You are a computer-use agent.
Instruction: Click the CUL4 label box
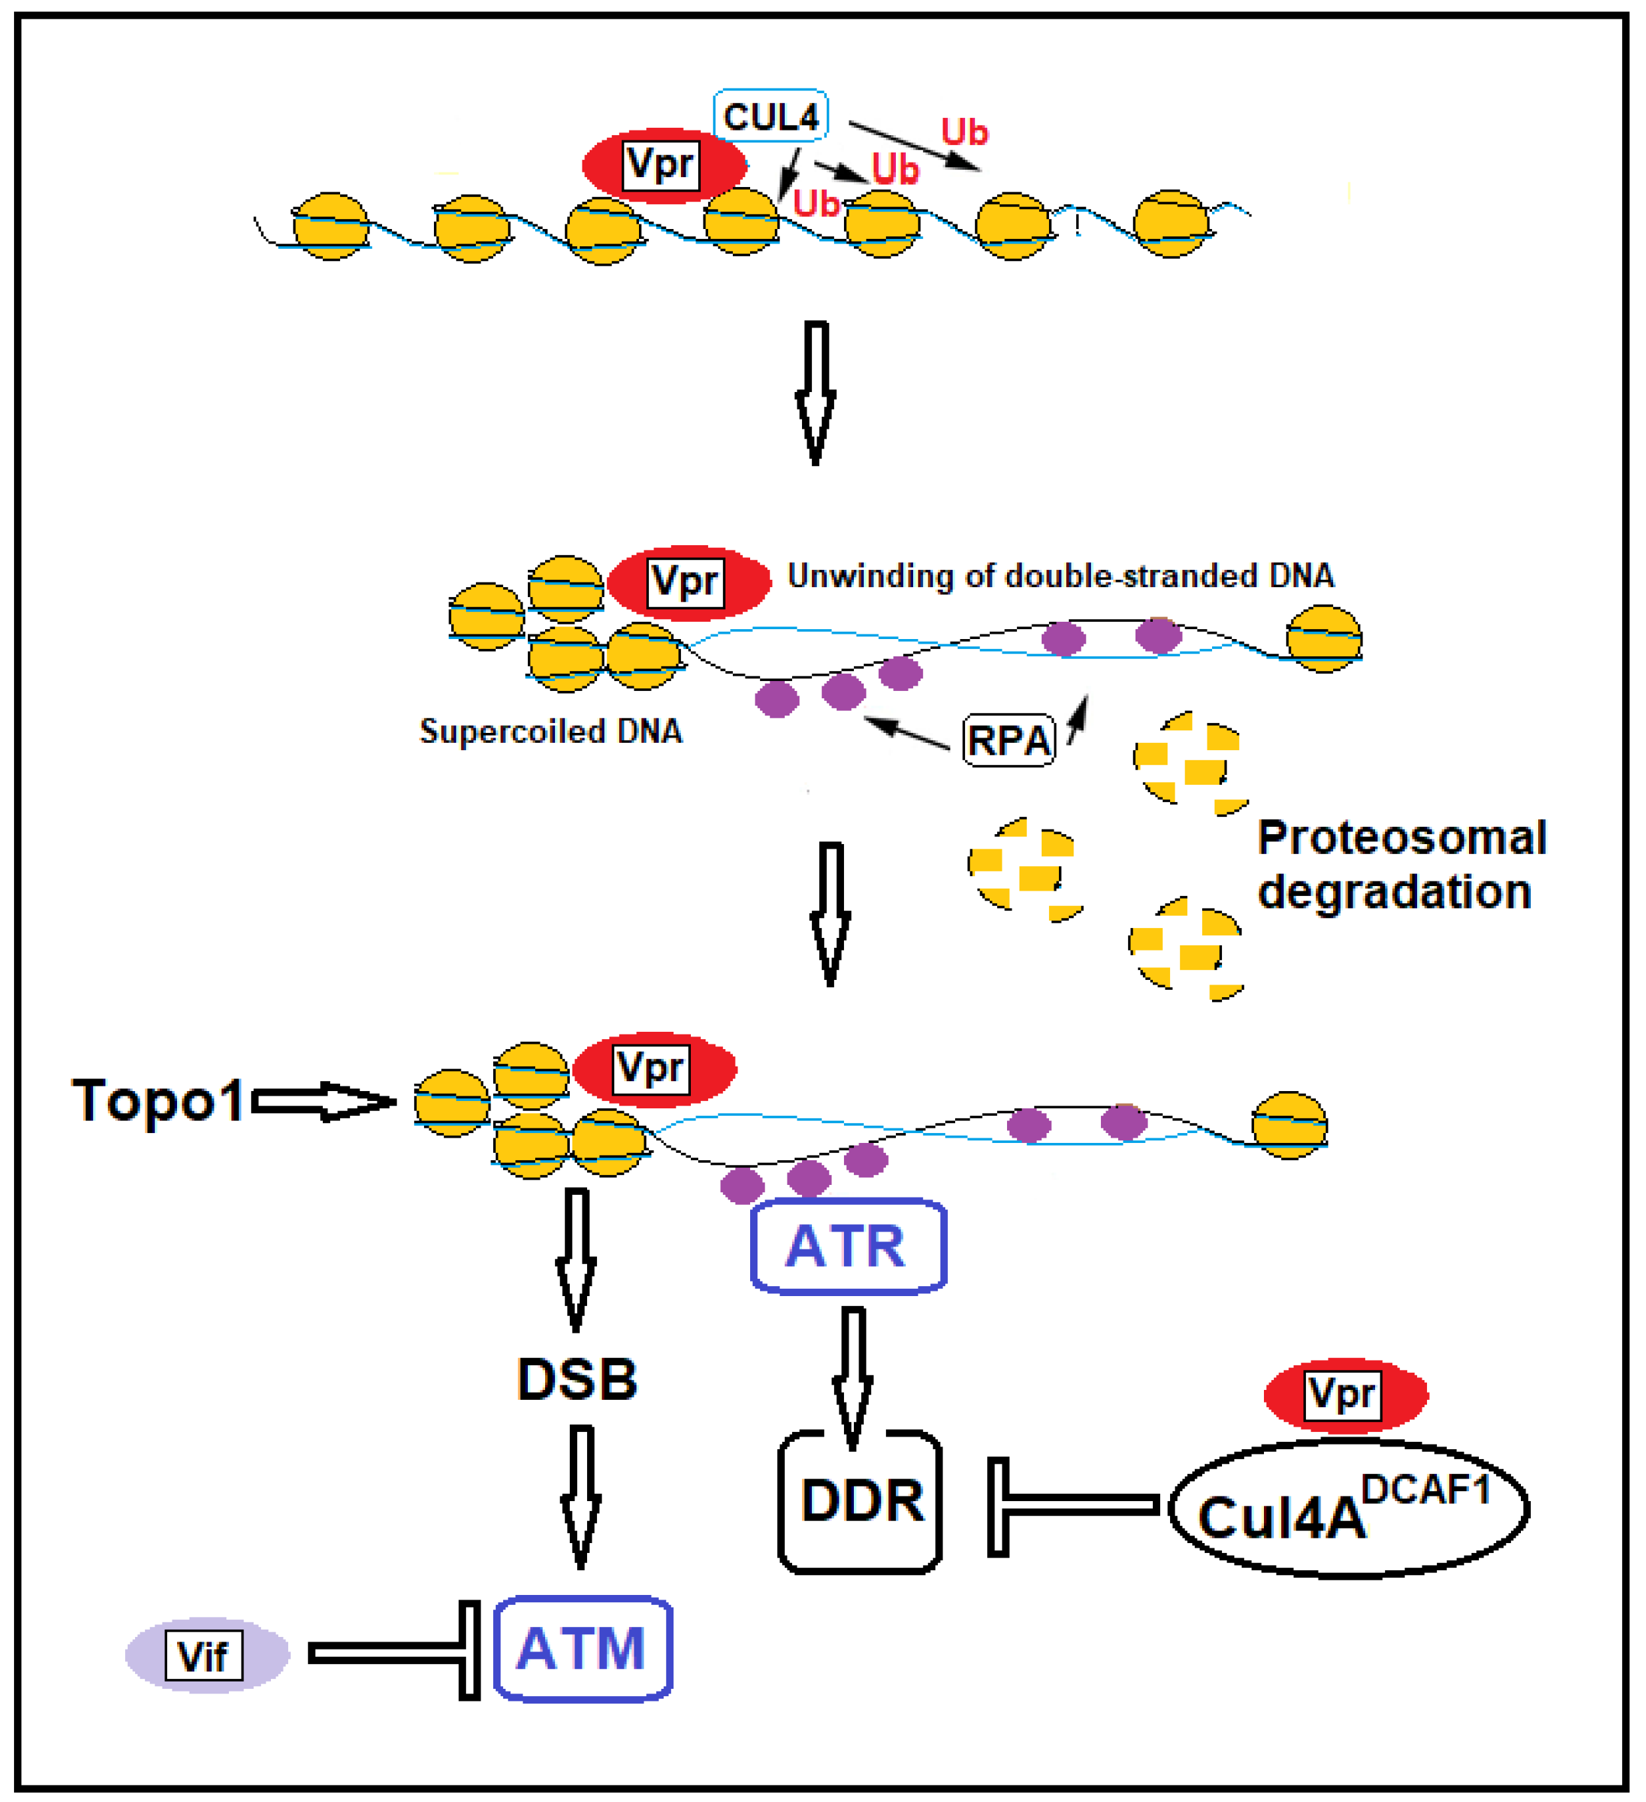coord(769,116)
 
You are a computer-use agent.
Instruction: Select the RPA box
coord(1008,740)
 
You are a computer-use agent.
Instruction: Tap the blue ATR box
coord(847,1246)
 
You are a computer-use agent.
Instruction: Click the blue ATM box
coord(582,1648)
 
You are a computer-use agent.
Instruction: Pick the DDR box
coord(860,1502)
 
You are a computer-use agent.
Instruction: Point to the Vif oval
coord(206,1656)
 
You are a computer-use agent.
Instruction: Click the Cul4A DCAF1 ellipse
coord(1348,1510)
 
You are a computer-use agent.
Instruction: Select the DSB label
coord(577,1379)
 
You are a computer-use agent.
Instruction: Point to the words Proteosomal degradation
coord(1401,864)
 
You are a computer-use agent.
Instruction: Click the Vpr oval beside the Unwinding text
coord(688,582)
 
